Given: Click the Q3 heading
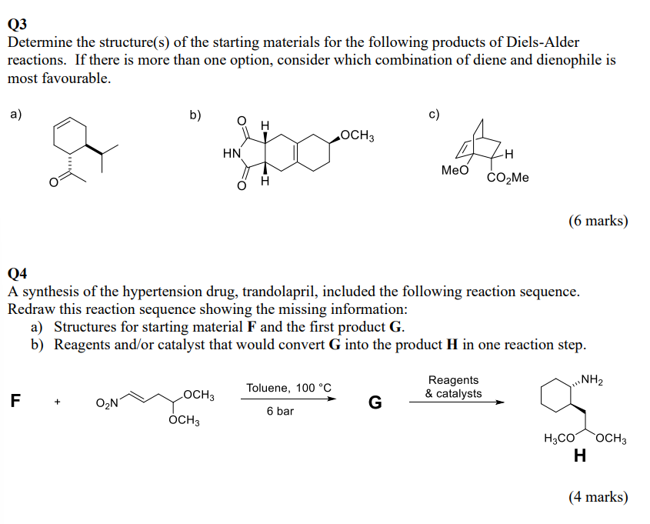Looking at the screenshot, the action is pos(17,24).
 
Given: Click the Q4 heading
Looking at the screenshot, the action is pos(17,274).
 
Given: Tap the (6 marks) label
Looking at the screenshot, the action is pos(598,221).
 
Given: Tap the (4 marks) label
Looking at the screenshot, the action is pos(598,496).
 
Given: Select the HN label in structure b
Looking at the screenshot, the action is pos(232,153).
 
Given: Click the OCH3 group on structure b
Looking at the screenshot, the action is pos(358,135).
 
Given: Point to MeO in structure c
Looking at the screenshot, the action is pos(455,170).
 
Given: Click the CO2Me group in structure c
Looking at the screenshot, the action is pos(508,178).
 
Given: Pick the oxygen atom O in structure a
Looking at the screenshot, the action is pos(54,182).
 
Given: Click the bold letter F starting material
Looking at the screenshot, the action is pos(15,400).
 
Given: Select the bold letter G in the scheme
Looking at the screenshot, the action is pos(375,402).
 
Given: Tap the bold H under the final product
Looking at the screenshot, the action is pos(580,456).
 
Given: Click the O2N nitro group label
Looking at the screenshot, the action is pos(107,403).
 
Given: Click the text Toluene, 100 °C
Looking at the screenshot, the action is pos(289,388).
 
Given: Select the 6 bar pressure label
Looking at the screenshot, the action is pos(280,411).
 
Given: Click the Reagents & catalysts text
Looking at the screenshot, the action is pos(454,387).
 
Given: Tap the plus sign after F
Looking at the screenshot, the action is pos(57,402).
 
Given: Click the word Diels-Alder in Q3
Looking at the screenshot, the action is pos(543,42).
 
